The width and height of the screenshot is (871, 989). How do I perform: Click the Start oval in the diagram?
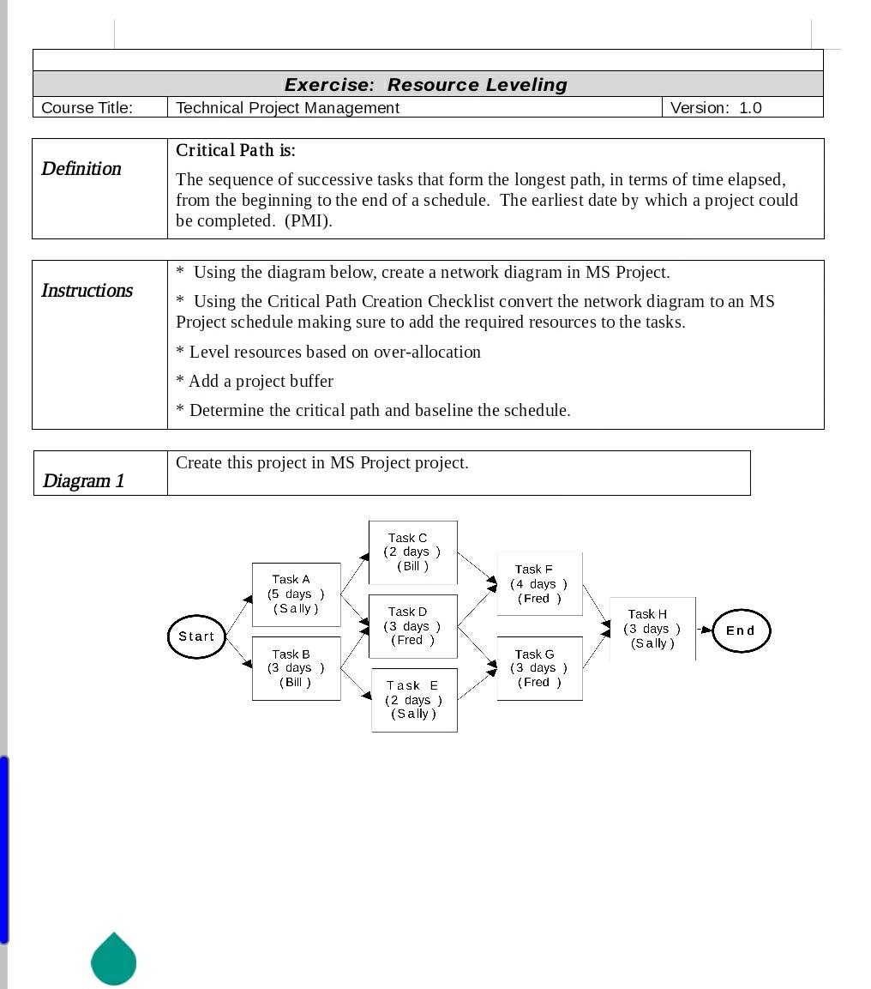[196, 636]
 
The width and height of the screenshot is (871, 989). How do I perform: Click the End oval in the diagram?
[741, 630]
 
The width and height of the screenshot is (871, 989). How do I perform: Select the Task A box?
[296, 594]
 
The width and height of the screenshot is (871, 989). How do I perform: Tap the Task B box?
[296, 668]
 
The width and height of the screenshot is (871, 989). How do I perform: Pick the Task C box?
[412, 552]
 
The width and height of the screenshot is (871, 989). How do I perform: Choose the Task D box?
[412, 626]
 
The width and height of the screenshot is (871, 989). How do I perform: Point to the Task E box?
[414, 700]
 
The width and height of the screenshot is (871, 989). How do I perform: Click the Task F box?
[539, 584]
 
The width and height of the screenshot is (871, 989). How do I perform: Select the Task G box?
[539, 668]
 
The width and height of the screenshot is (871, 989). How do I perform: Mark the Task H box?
[652, 629]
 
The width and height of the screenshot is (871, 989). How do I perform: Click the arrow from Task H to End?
[704, 630]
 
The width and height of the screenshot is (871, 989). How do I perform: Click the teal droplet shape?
[114, 961]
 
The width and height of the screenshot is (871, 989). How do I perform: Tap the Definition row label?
[81, 169]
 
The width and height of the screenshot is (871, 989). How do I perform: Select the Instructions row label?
[87, 291]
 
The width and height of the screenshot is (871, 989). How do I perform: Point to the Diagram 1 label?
[83, 481]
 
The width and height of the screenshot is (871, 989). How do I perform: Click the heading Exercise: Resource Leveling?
[426, 85]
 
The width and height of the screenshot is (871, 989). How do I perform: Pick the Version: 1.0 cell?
[715, 108]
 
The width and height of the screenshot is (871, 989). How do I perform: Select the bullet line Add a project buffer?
[255, 381]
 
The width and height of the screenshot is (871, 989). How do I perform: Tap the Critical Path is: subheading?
[235, 151]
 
